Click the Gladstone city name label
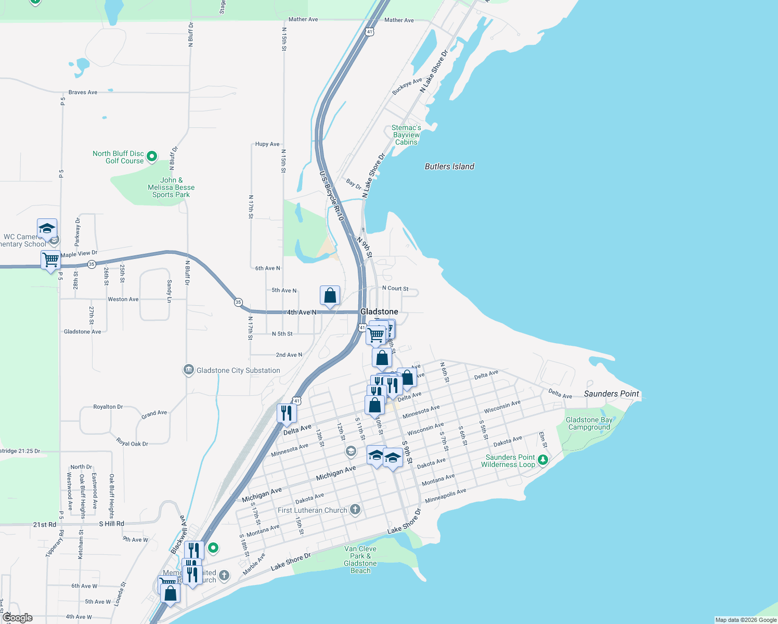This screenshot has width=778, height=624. (379, 311)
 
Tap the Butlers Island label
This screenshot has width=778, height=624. (449, 166)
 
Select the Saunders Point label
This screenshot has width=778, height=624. (611, 394)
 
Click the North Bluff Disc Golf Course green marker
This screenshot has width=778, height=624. (152, 156)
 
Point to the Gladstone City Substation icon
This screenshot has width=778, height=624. (189, 370)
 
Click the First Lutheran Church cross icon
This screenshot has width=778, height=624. (355, 509)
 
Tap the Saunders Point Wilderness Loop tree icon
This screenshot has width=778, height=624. (542, 460)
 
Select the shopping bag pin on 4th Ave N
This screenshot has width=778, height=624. (330, 296)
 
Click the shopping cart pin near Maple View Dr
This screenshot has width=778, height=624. (50, 259)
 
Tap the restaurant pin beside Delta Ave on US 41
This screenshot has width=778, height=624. (287, 413)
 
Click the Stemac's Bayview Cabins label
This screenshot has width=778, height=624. (406, 135)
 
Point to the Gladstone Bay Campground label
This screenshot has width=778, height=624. (589, 423)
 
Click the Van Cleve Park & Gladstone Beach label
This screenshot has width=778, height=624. (360, 560)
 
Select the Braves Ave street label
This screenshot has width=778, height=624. (83, 92)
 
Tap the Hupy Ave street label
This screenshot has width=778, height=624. (267, 144)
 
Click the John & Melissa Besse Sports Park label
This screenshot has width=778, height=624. (171, 187)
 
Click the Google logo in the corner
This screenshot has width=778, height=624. (17, 618)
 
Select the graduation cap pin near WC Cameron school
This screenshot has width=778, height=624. (47, 229)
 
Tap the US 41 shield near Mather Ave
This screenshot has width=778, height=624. (369, 32)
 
